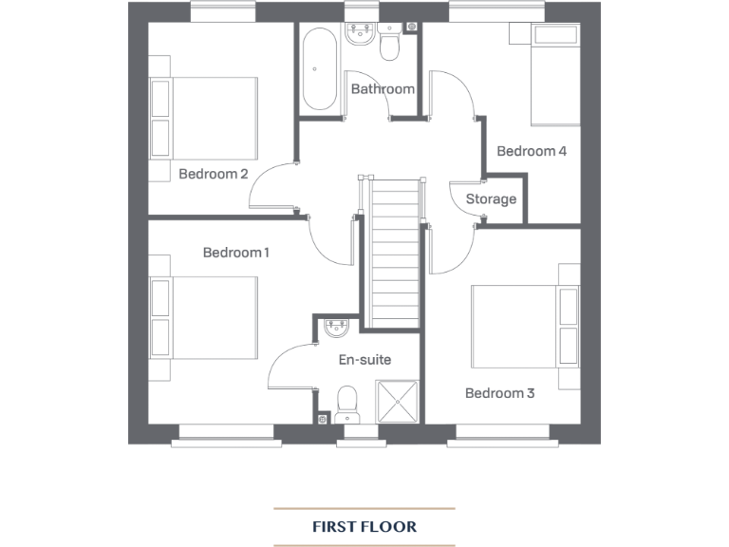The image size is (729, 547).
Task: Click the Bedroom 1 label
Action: click(x=236, y=253)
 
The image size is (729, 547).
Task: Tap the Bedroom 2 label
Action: click(x=214, y=174)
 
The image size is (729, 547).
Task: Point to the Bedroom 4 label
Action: click(x=532, y=151)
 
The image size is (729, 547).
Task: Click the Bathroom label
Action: click(x=383, y=89)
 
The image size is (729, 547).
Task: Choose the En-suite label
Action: click(x=364, y=360)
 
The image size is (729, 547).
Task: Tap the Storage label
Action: click(x=491, y=199)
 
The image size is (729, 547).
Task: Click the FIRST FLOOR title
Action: click(x=364, y=526)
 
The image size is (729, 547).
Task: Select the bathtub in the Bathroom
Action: click(x=319, y=67)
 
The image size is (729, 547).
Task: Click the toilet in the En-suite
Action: click(x=347, y=403)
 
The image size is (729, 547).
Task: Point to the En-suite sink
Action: click(x=336, y=330)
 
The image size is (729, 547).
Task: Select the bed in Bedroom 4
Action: click(x=554, y=76)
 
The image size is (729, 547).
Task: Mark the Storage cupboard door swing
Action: click(x=463, y=201)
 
